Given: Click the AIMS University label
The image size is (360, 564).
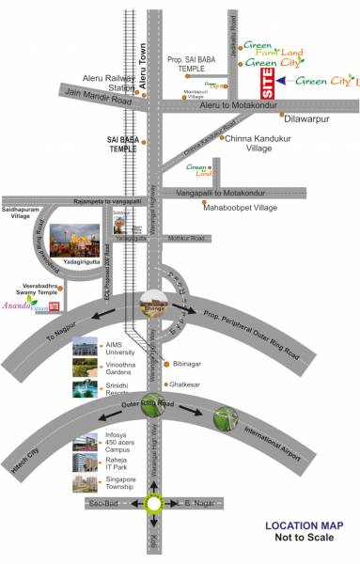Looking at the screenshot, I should pyautogui.click(x=119, y=346).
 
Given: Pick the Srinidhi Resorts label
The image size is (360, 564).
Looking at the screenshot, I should pyautogui.click(x=120, y=388).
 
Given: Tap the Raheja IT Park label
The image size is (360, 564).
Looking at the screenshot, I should pyautogui.click(x=120, y=460).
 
